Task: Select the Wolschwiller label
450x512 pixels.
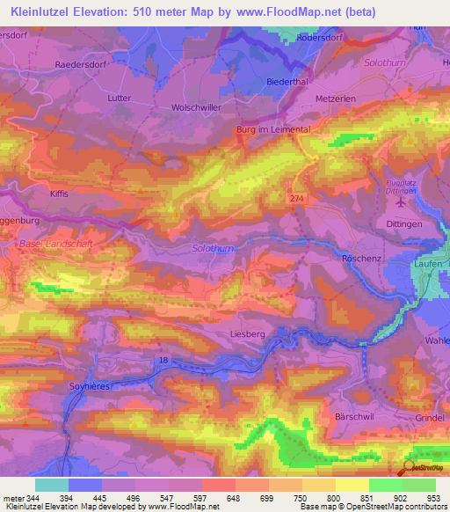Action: point(194,106)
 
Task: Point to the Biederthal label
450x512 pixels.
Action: point(284,81)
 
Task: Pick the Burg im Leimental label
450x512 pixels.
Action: point(273,129)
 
